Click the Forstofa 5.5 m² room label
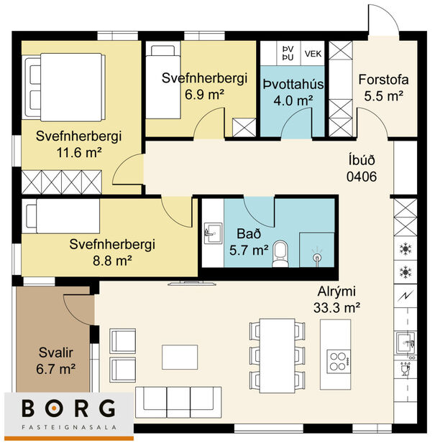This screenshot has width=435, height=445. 381,88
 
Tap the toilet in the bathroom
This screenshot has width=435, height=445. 282,253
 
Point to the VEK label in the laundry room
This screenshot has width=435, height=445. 313,53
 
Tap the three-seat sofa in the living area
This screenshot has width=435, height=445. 178,399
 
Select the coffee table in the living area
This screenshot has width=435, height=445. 180,356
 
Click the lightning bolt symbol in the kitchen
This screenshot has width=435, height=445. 405,296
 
